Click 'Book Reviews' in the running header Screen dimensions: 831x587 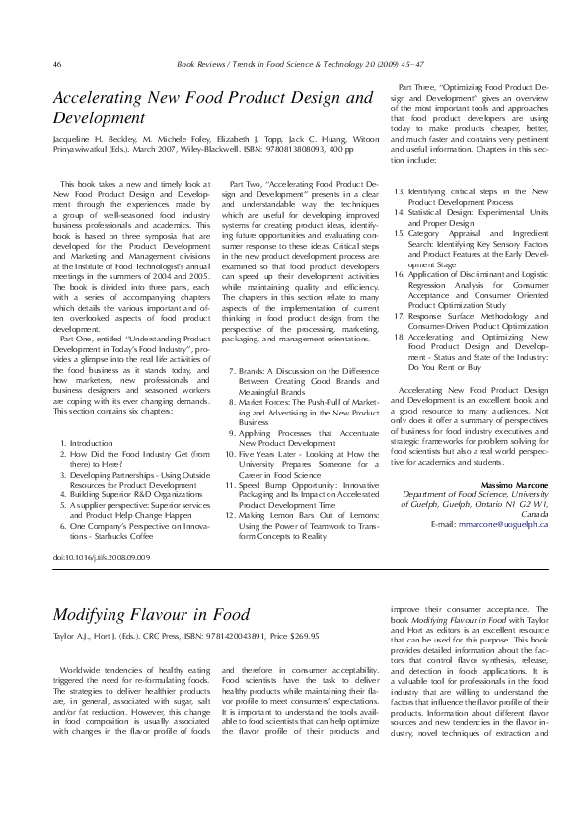click(202, 64)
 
